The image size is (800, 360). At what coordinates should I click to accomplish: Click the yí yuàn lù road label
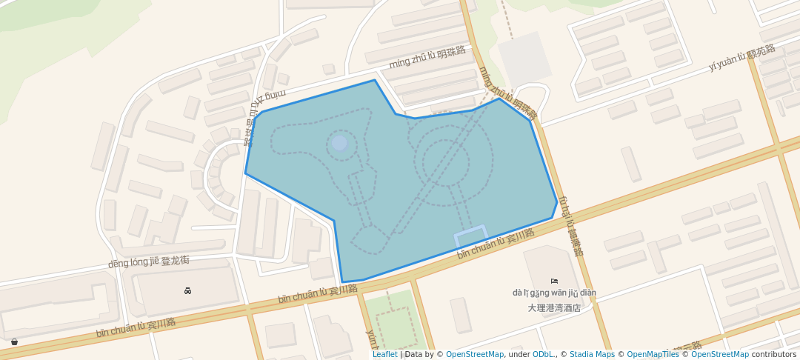point(741,58)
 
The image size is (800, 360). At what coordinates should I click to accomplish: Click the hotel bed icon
point(555,281)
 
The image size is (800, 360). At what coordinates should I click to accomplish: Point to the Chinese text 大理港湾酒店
point(554,307)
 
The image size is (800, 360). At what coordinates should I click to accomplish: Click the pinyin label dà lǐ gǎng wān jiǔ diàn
point(554,293)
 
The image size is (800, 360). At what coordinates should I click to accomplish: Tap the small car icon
point(187,290)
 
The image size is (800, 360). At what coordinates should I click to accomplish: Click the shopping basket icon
point(15,341)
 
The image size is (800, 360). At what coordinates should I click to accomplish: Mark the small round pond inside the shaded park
point(339,143)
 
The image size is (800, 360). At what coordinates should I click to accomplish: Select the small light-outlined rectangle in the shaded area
point(470,236)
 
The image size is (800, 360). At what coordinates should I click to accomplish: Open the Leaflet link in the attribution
point(384,355)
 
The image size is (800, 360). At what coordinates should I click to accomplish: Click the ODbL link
point(544,355)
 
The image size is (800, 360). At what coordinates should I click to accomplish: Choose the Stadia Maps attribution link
point(593,355)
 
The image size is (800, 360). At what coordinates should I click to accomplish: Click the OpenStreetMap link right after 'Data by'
point(475,355)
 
